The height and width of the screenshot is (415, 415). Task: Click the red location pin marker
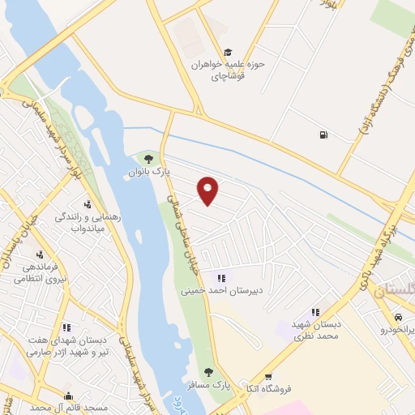pyautogui.click(x=208, y=190)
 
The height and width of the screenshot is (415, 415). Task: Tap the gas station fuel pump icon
pyautogui.click(x=325, y=135)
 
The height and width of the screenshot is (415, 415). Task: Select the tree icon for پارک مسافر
pyautogui.click(x=208, y=372)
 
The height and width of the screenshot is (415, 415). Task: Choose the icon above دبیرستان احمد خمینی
pyautogui.click(x=220, y=278)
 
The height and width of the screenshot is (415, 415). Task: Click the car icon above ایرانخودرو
pyautogui.click(x=398, y=317)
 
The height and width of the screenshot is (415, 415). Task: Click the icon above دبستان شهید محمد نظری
pyautogui.click(x=315, y=311)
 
